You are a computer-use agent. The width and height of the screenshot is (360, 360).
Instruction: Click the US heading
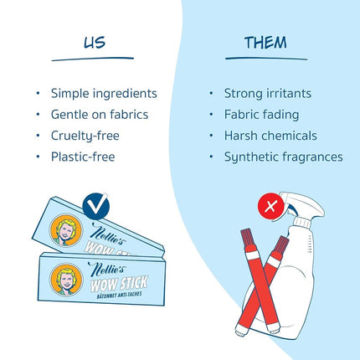coord(95,43)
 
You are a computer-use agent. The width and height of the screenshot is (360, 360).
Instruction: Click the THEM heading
coord(265,43)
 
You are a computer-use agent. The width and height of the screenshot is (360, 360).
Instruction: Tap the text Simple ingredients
coord(104,94)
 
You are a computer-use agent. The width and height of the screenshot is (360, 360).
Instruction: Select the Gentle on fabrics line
coord(100,115)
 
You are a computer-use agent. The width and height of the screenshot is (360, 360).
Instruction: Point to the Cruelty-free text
coord(85,136)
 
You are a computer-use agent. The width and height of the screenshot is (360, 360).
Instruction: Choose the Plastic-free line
coord(83,157)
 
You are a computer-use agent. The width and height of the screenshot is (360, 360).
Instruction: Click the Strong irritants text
coord(268,94)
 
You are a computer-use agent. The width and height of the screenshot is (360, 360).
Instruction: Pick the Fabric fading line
coord(261,115)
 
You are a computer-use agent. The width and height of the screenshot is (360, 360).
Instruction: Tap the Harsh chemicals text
coord(270,136)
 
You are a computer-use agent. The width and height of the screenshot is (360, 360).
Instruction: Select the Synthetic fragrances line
coord(284,157)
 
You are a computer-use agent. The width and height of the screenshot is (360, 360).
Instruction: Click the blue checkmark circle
coord(95,206)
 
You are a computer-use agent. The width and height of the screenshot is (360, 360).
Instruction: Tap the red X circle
coord(270,207)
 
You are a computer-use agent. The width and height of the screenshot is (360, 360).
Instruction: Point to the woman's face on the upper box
coord(66,230)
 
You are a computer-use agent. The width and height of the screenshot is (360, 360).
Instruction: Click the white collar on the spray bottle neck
coord(302,222)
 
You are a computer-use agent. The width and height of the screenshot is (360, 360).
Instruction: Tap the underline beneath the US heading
coord(93,59)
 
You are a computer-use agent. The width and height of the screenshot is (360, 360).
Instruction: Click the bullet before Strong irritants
coord(211,94)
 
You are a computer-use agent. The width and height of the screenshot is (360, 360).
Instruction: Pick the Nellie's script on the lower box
coord(106,269)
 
